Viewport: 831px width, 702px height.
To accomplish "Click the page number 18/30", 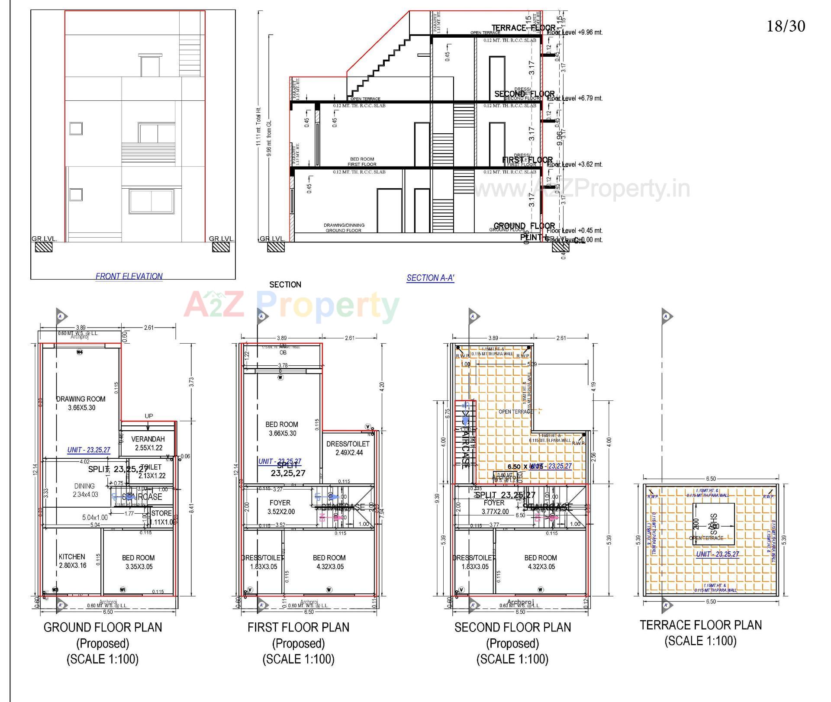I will click(x=786, y=26).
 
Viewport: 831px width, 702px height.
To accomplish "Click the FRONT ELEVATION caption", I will click(x=129, y=276).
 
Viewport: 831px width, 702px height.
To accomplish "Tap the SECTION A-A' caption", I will click(x=430, y=278).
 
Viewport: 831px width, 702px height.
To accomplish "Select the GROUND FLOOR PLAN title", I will click(x=103, y=627).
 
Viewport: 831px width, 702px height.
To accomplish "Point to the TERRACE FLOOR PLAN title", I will click(x=701, y=625).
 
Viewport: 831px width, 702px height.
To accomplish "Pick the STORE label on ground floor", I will click(x=162, y=513).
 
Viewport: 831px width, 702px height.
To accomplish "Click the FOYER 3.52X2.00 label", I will click(x=280, y=507).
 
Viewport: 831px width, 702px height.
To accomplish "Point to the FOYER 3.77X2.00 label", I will click(x=495, y=507).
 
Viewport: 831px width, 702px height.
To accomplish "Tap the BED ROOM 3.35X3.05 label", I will click(x=138, y=562).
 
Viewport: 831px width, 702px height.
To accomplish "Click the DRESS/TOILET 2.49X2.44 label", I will click(x=348, y=448).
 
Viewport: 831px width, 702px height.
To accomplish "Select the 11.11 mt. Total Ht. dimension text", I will click(x=258, y=126).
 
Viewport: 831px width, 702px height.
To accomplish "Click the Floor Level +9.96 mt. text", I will click(x=575, y=32).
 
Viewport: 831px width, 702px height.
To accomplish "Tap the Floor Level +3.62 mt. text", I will click(x=575, y=164).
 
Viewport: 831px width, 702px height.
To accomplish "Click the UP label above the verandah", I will click(x=148, y=416).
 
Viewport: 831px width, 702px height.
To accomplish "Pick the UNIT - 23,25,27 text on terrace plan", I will click(x=717, y=554).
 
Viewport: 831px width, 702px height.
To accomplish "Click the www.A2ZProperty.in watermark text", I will click(x=582, y=189).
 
